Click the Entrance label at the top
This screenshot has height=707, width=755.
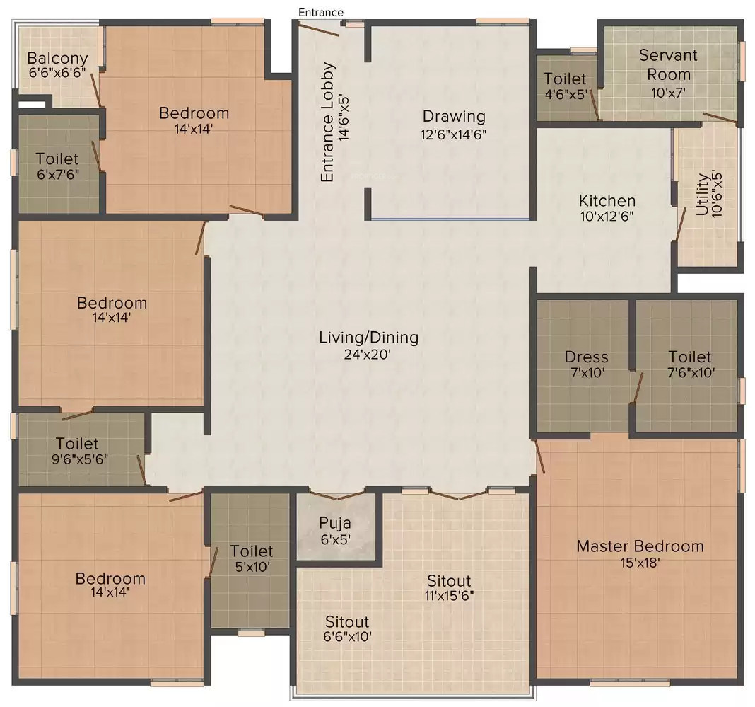[x=320, y=12]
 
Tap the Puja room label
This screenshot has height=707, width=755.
[x=335, y=523]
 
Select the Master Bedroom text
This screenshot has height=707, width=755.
[x=640, y=546]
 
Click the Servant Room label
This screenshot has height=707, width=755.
[x=668, y=64]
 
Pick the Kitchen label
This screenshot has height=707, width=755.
[x=607, y=200]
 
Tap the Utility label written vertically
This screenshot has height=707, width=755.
[x=702, y=195]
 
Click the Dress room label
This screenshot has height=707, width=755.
[x=586, y=357]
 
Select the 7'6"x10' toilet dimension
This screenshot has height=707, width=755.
[x=690, y=373]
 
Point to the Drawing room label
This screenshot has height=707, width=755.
[x=454, y=116]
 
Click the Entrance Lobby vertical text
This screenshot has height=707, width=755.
[x=327, y=122]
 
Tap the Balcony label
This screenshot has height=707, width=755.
[x=58, y=59]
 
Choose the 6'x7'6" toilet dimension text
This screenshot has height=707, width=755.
[x=58, y=174]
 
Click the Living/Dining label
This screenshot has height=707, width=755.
[x=368, y=338]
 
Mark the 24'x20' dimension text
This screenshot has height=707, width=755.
[x=368, y=355]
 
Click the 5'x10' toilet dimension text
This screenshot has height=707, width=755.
[x=251, y=566]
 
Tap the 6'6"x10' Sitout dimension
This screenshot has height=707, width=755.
[x=346, y=636]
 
